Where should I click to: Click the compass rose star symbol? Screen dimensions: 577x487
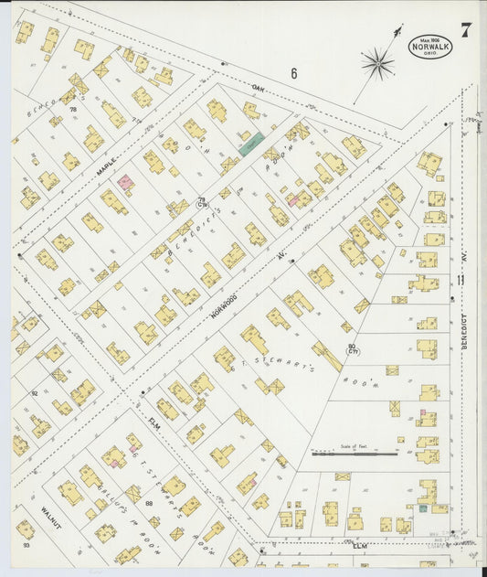click(376, 63)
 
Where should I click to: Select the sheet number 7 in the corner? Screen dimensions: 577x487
click(466, 30)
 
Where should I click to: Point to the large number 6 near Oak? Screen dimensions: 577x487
click(294, 73)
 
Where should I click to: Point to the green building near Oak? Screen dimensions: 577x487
click(251, 142)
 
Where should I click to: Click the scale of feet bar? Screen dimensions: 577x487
click(354, 453)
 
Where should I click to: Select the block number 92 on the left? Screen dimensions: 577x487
click(35, 394)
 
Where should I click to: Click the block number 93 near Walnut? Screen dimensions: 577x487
click(26, 546)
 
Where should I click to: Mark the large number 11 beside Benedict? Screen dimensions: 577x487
click(461, 280)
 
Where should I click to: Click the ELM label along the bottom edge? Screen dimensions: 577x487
click(360, 546)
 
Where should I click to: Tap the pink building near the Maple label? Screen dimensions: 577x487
click(125, 183)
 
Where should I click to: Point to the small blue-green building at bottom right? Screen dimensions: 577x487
click(423, 506)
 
